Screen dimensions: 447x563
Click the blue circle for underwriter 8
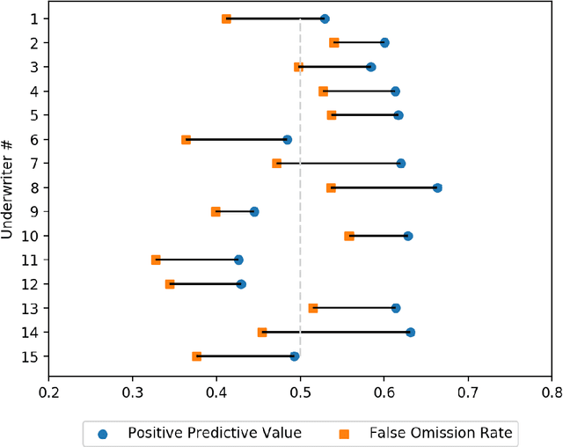(437, 187)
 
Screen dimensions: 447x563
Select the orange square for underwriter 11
(156, 260)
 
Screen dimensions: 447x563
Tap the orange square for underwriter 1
(226, 18)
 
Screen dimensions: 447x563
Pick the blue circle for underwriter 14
(410, 332)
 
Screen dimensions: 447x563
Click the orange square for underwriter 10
(349, 236)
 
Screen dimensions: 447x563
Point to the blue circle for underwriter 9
(254, 211)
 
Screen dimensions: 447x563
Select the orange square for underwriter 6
(186, 139)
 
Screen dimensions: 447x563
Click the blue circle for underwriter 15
(295, 356)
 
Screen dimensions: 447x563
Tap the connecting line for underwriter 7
(339, 164)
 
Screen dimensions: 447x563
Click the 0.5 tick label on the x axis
(300, 392)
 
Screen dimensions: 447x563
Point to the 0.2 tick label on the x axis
(48, 392)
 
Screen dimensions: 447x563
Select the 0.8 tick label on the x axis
(551, 392)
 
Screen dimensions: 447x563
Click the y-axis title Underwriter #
(8, 187)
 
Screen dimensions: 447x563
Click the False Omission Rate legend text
(441, 431)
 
